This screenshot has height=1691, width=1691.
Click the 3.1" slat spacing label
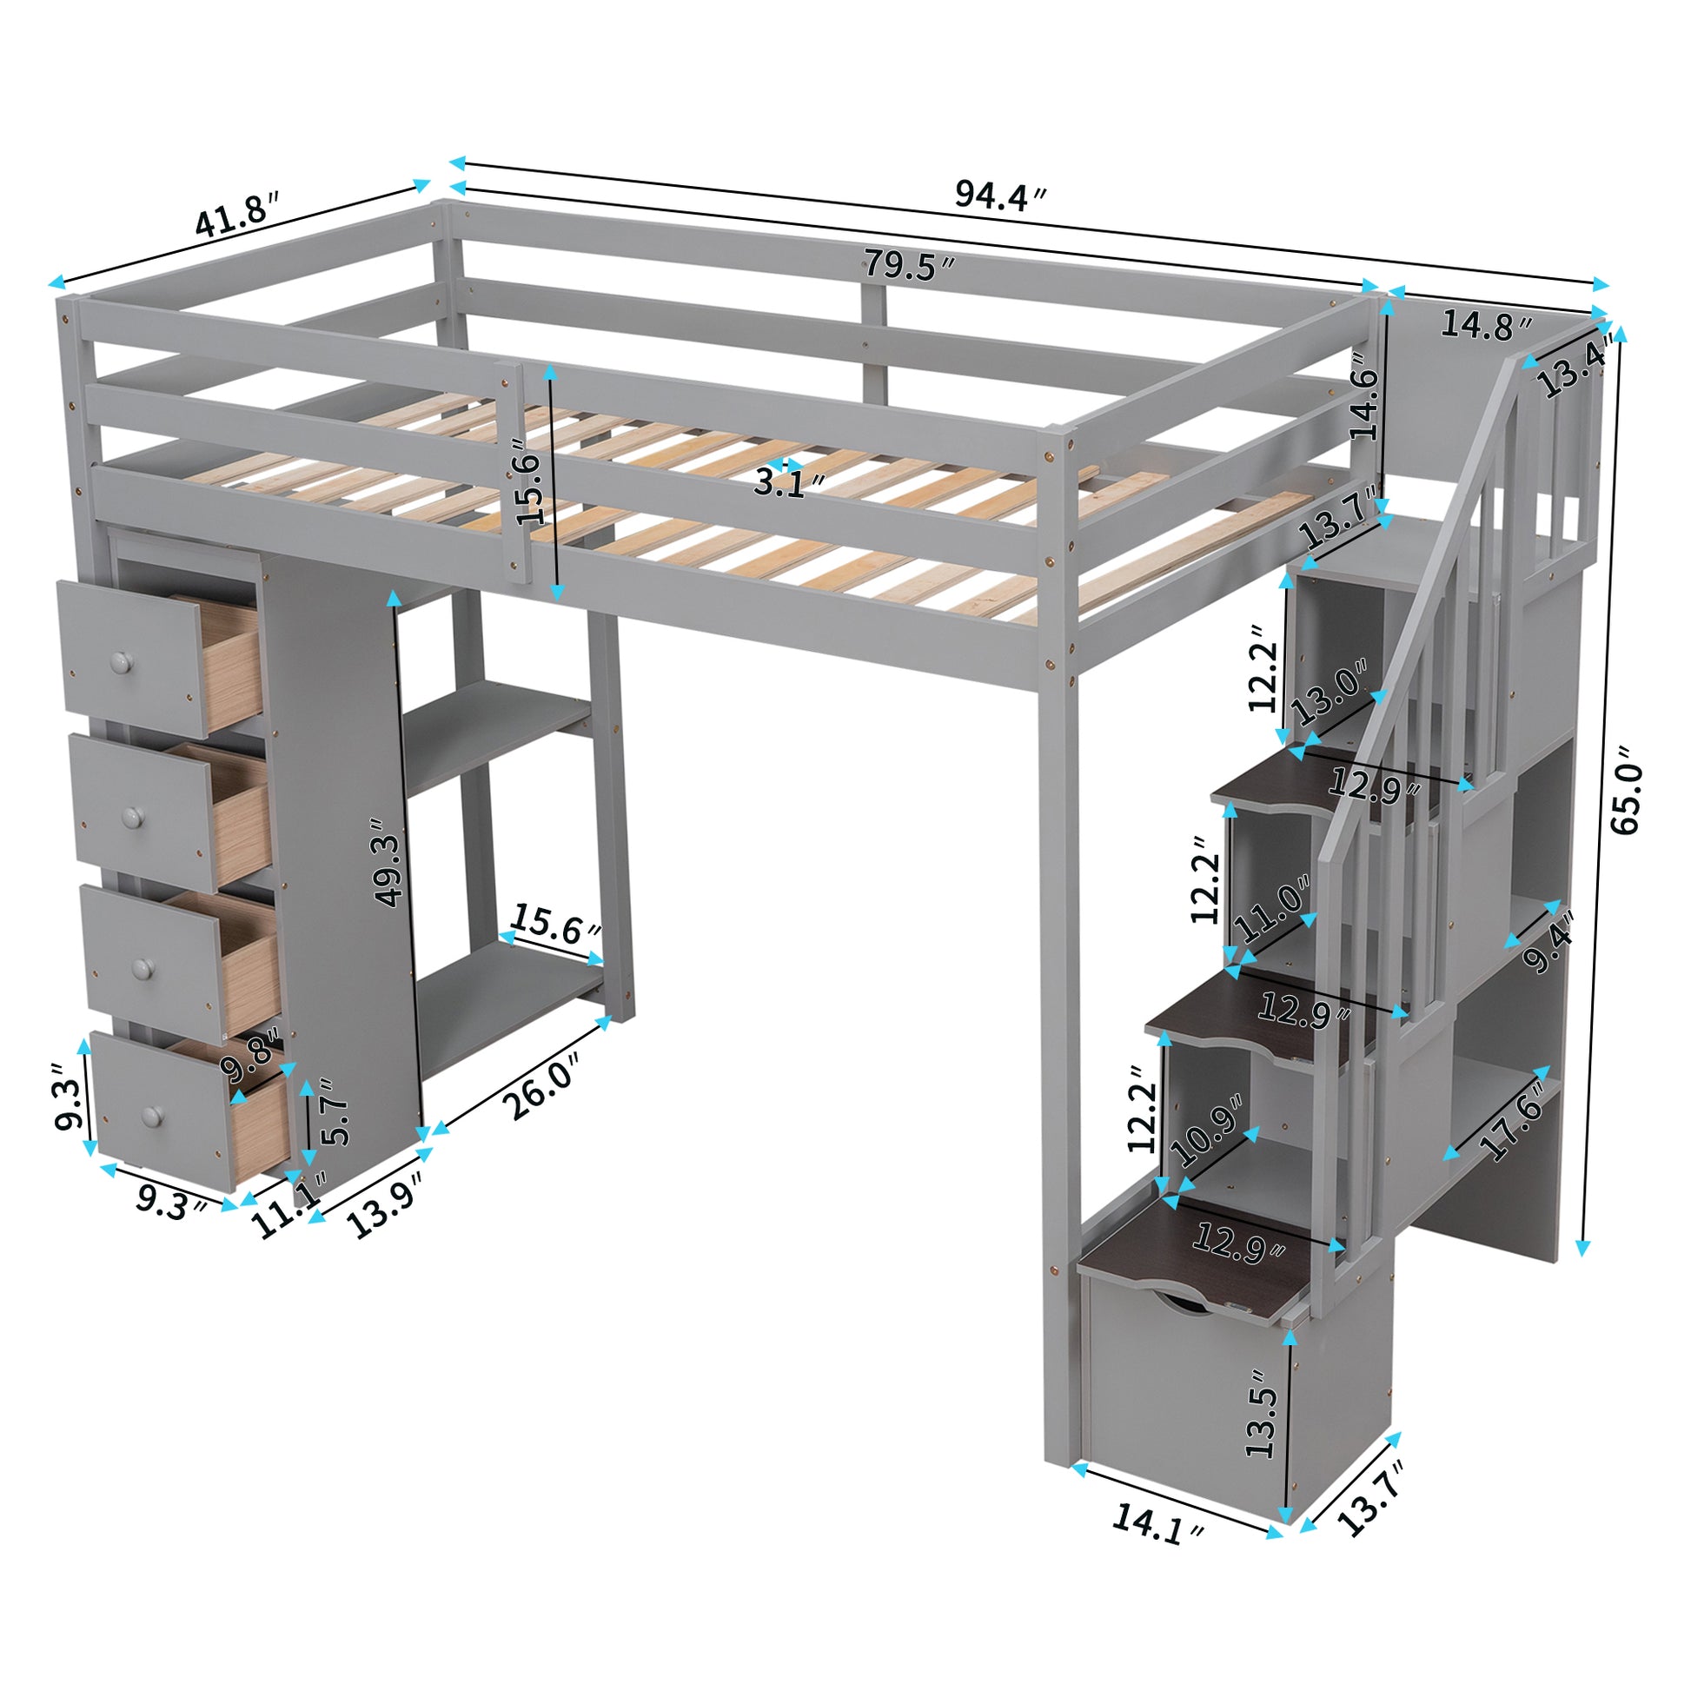[x=791, y=482]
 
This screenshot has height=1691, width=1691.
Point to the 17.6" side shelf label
[x=1512, y=1129]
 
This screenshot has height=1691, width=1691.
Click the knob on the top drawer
[x=119, y=662]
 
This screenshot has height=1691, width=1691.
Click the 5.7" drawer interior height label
[x=335, y=1112]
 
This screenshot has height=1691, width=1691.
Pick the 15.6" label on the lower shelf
[x=556, y=925]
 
